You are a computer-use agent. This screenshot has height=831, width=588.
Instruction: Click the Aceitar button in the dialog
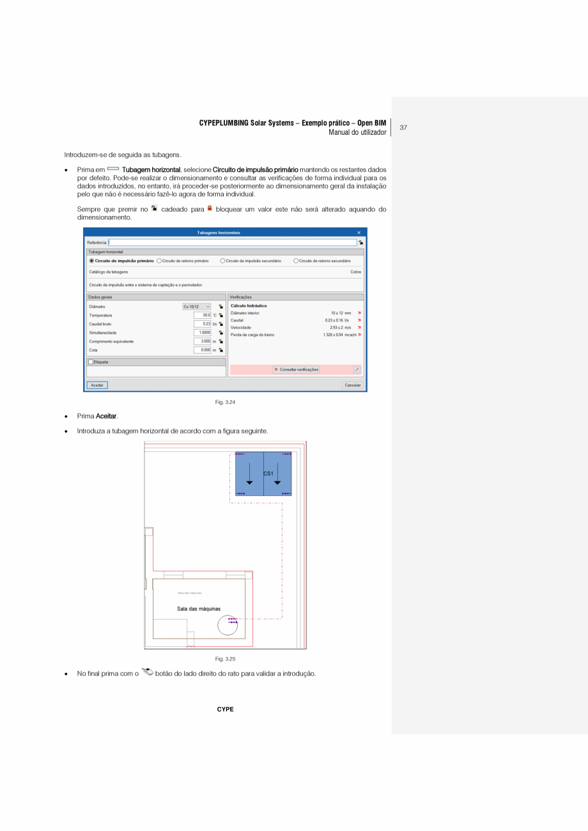tap(97, 385)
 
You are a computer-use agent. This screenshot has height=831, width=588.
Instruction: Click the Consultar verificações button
tap(296, 369)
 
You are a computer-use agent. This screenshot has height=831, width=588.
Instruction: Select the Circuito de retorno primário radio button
tap(159, 261)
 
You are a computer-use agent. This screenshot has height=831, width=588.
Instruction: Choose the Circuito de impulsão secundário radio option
tap(222, 261)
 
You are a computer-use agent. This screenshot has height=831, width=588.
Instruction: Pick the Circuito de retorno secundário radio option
tap(296, 261)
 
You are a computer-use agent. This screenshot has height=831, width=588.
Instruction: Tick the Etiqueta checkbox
tap(91, 362)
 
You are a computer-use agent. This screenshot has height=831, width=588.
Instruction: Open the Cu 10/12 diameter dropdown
tap(197, 307)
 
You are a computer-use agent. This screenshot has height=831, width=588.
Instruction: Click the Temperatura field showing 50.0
tap(203, 315)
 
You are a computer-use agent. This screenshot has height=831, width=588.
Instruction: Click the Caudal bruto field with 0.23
tap(203, 324)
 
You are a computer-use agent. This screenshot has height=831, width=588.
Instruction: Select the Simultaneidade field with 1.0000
tap(203, 332)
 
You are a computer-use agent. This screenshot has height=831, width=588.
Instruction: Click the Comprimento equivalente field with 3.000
tap(203, 341)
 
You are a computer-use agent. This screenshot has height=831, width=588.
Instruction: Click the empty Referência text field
tap(233, 242)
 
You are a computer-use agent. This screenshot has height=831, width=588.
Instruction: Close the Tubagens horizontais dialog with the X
tap(359, 232)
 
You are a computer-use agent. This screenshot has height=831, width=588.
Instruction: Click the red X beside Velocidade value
tap(360, 327)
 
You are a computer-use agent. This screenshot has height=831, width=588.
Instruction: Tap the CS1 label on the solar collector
tap(268, 474)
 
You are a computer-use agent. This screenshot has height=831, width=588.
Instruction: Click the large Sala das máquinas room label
tap(199, 609)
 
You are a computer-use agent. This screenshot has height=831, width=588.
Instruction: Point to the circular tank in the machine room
tap(227, 625)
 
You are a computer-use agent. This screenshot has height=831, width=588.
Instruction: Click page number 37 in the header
tap(403, 127)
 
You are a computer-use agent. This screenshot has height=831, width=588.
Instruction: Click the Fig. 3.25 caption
tap(226, 659)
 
